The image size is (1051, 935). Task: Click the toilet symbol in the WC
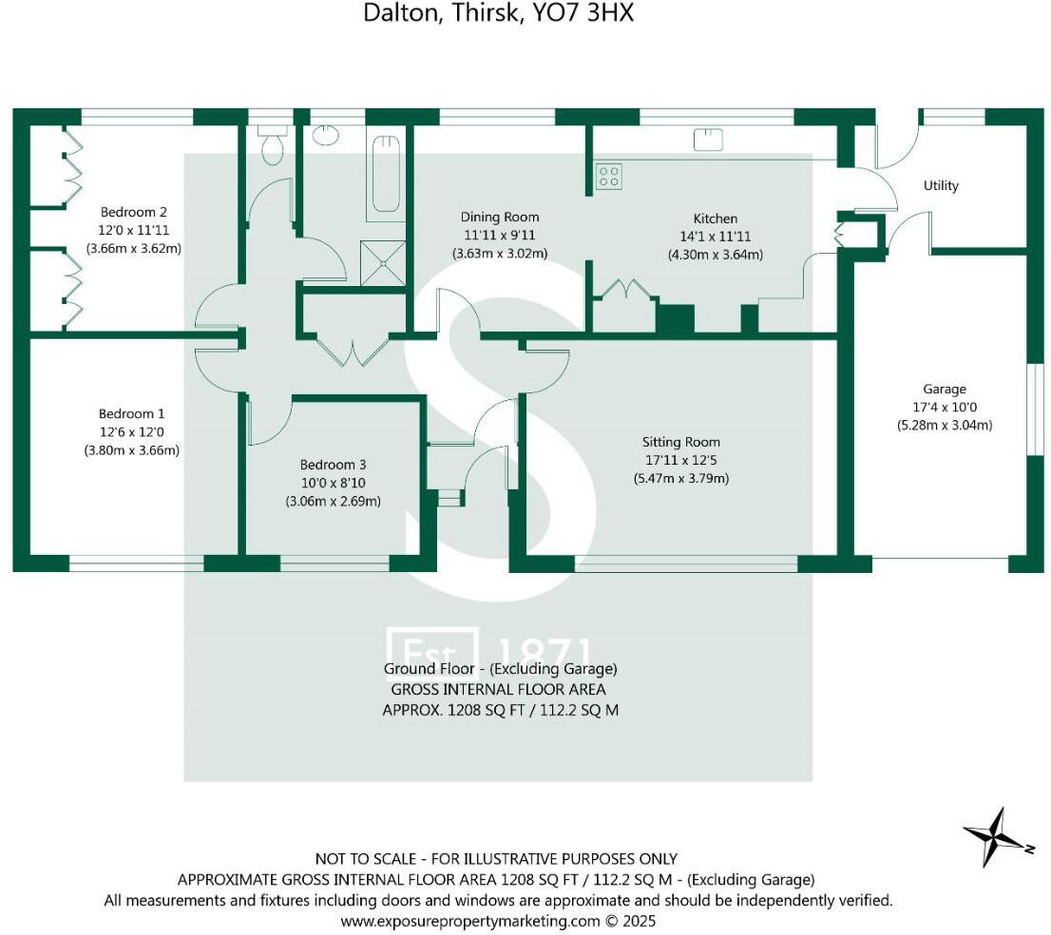pyautogui.click(x=273, y=145)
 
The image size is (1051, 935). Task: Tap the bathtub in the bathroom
pyautogui.click(x=386, y=174)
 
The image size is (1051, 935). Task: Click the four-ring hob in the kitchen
pyautogui.click(x=608, y=176)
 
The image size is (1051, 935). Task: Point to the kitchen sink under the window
pyautogui.click(x=707, y=141)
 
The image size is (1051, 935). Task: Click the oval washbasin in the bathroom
pyautogui.click(x=325, y=134)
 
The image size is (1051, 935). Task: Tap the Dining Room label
pyautogui.click(x=500, y=218)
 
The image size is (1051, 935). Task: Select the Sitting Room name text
pyautogui.click(x=680, y=442)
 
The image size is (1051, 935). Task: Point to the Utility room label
pyautogui.click(x=941, y=185)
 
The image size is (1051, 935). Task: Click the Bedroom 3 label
pyautogui.click(x=333, y=465)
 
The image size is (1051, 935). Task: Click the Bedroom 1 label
pyautogui.click(x=131, y=413)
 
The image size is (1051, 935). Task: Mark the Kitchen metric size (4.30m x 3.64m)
pyautogui.click(x=715, y=255)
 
